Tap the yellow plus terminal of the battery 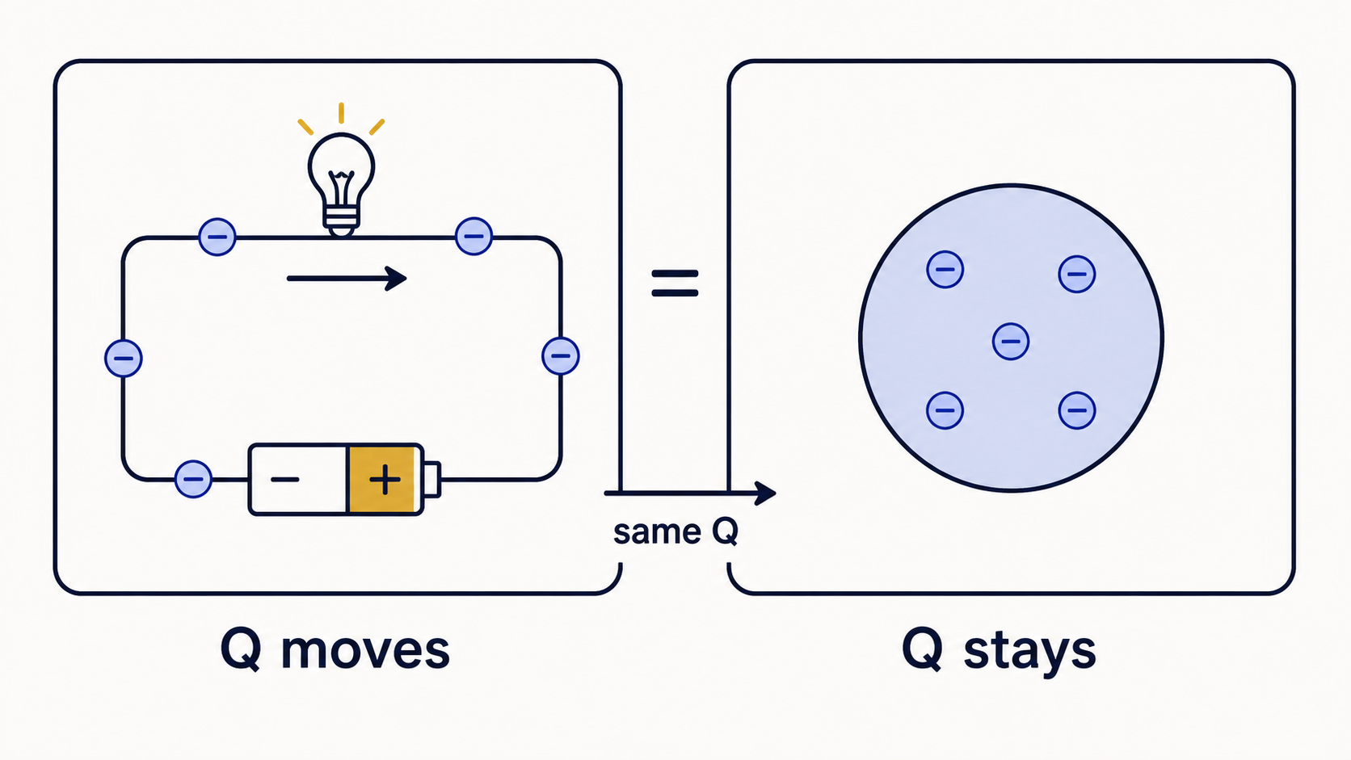[385, 480]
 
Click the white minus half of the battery [298, 480]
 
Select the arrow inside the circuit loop [347, 279]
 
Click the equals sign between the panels [675, 283]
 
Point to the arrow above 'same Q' [690, 493]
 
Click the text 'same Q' [675, 532]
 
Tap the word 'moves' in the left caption [365, 651]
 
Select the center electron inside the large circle [1011, 342]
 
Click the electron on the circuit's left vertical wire [124, 358]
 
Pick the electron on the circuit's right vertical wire [561, 355]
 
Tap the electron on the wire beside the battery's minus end [193, 479]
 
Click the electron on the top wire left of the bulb [217, 237]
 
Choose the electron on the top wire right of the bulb [474, 237]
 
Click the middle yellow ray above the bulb [341, 113]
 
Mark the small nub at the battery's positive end [432, 480]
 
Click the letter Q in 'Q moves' [242, 649]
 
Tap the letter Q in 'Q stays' [922, 649]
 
